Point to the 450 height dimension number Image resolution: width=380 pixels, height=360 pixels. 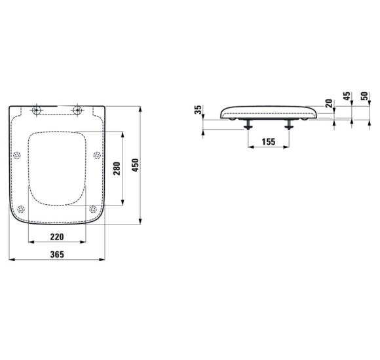(136, 166)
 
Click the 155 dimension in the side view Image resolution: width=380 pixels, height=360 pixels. (267, 141)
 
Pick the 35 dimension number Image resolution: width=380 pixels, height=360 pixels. (199, 109)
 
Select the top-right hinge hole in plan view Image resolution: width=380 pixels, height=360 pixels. (77, 110)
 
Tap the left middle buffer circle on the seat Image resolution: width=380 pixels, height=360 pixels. (16, 155)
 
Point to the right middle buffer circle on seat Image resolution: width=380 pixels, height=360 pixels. (97, 155)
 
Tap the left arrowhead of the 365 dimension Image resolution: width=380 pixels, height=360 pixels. (11, 261)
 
